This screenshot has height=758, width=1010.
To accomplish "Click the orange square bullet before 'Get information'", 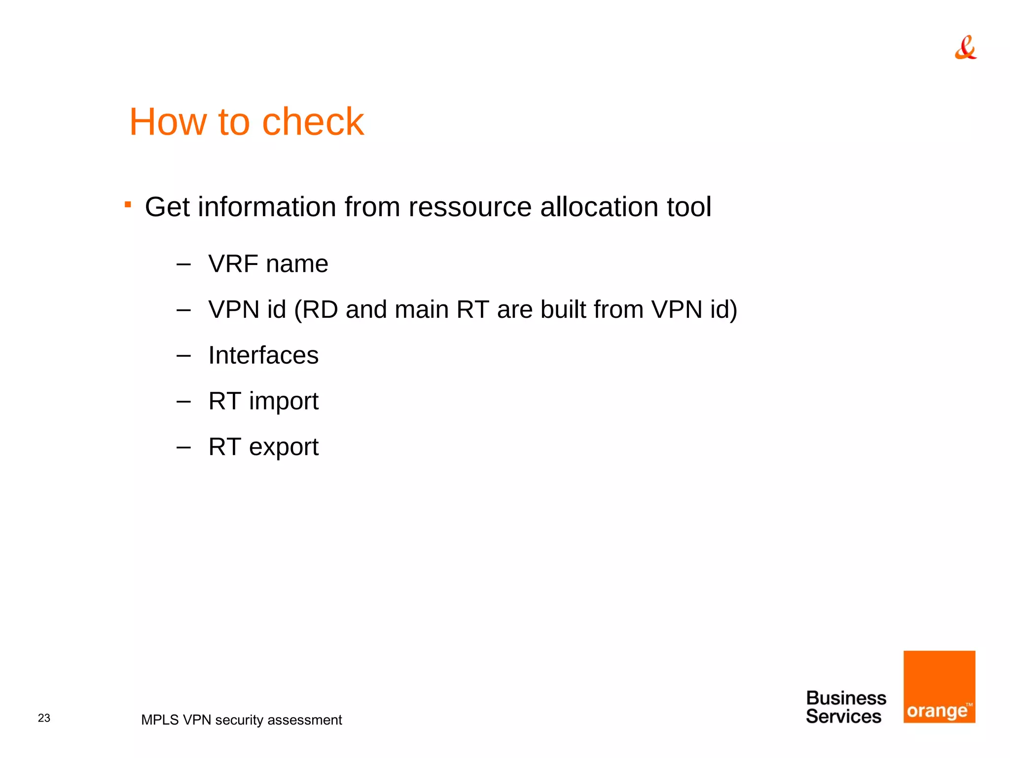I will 128,204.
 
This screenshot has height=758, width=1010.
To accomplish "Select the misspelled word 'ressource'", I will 469,207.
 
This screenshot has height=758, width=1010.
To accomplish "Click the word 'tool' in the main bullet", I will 689,207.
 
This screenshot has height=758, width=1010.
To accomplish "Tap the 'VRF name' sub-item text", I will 268,264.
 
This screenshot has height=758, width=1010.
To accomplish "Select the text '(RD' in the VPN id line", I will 316,310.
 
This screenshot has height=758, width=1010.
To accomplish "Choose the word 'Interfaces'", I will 263,355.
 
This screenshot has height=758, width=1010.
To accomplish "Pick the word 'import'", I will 284,402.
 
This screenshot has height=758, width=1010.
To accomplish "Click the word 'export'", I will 284,448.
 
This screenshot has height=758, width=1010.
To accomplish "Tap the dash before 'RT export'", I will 183,448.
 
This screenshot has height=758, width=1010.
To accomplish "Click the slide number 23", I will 44,718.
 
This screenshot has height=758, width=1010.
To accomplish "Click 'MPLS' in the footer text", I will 159,720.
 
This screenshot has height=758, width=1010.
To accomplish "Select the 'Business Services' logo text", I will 845,707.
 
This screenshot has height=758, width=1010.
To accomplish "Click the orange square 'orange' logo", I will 939,686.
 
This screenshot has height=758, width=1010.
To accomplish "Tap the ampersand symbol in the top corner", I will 965,47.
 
